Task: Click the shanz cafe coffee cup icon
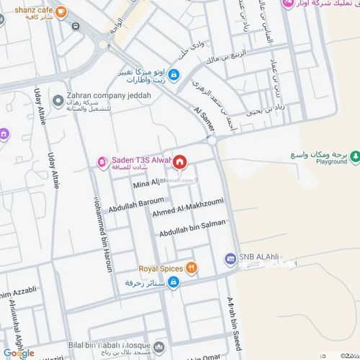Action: point(61,12)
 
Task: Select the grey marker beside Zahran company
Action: point(58,101)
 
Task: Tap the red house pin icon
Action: point(179,161)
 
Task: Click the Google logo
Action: point(19,353)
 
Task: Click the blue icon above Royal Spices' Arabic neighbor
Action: point(174,281)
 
